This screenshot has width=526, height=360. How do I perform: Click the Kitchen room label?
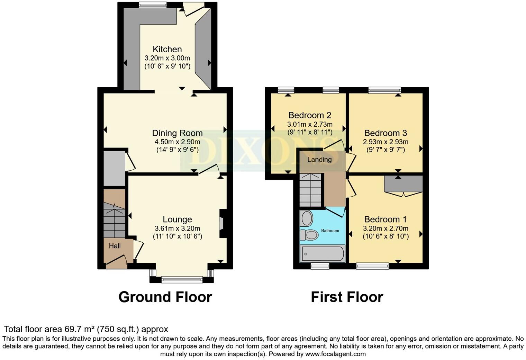(x=167, y=49)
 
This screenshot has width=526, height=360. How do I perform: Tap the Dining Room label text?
(x=177, y=133)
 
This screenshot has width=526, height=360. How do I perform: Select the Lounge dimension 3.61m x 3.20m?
(x=177, y=228)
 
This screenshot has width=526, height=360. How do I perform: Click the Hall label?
(x=115, y=246)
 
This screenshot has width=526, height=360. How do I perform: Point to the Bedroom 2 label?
(x=310, y=115)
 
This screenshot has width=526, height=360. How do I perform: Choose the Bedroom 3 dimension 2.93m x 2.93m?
(x=386, y=142)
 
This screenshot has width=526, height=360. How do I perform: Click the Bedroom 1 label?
(x=385, y=219)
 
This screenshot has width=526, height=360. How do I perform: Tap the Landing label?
(x=319, y=160)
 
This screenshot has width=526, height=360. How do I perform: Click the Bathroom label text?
(x=330, y=231)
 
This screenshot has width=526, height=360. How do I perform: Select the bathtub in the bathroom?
(x=323, y=254)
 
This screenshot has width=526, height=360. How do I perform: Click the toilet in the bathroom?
(x=309, y=235)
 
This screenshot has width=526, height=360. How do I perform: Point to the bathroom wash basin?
(x=307, y=218)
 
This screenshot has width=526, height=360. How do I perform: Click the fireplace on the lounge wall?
(x=223, y=223)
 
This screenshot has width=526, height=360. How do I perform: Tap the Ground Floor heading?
(x=165, y=297)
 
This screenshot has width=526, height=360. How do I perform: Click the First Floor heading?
(x=347, y=297)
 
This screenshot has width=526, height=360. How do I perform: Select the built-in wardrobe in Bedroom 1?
(x=403, y=183)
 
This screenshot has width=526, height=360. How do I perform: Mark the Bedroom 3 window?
(x=384, y=90)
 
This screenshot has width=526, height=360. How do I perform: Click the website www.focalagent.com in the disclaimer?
(x=335, y=354)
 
